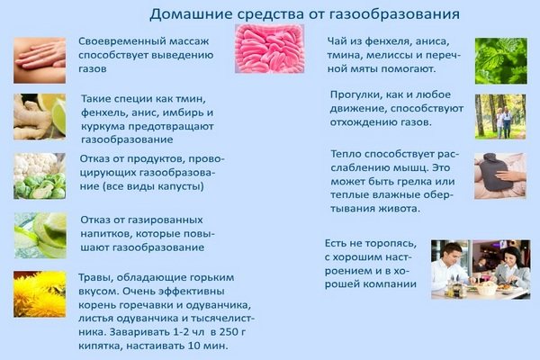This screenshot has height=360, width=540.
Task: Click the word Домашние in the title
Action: [x=186, y=14]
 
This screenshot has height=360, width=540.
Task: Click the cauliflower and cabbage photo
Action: [x=39, y=175]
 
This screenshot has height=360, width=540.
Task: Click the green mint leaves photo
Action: [x=500, y=60]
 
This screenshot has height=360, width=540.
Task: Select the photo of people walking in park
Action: [x=500, y=116]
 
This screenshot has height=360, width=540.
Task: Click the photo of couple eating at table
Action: [x=480, y=268]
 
